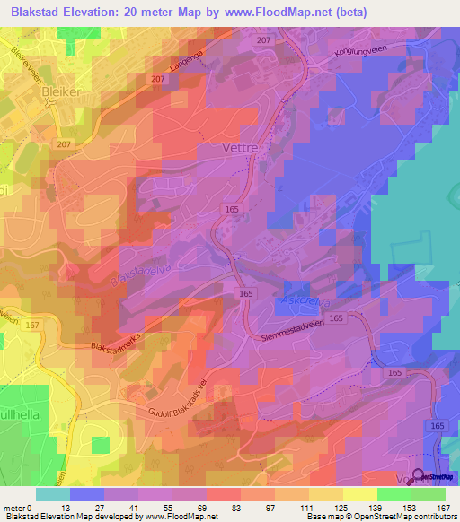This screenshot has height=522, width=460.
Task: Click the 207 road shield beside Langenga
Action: click(x=158, y=80)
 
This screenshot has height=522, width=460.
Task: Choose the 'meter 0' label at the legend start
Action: click(x=19, y=508)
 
